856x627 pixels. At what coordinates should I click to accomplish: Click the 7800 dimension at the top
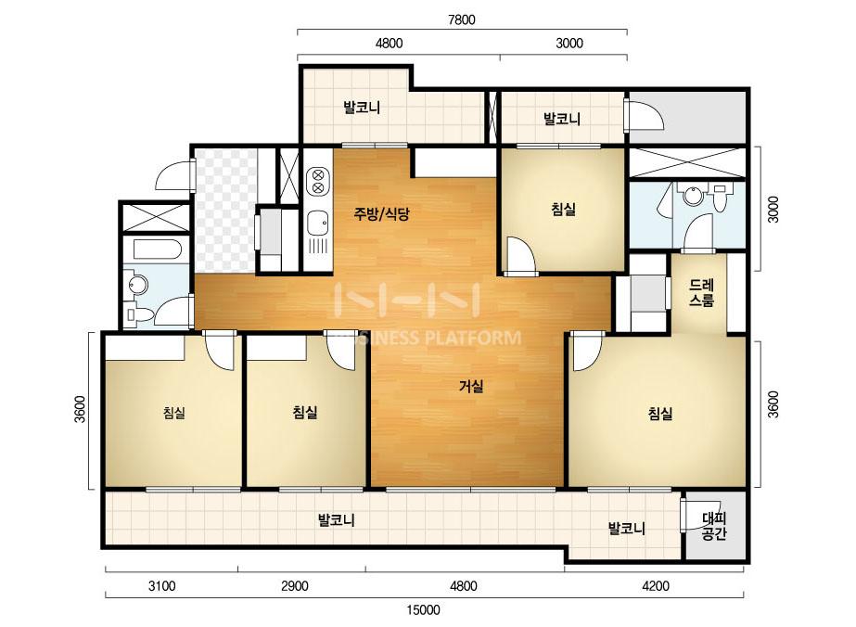[461, 19]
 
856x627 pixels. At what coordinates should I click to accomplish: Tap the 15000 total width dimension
[424, 609]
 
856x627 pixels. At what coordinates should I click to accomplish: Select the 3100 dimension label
[161, 586]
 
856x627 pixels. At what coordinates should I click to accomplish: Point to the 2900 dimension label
[294, 586]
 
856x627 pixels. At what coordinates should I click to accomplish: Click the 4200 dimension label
[655, 586]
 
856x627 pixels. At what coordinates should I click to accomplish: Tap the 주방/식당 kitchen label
[381, 213]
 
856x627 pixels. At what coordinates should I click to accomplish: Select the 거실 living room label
[470, 387]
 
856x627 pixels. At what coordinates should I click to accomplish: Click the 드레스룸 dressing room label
[701, 293]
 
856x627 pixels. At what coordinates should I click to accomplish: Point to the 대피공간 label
[713, 526]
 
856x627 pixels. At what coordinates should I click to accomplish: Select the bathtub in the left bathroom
[158, 250]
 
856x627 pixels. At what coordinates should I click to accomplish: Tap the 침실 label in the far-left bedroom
[174, 413]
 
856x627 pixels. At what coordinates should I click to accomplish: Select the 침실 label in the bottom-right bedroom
[660, 414]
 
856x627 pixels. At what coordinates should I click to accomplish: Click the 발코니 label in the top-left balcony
[362, 107]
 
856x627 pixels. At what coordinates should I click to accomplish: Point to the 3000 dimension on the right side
[773, 210]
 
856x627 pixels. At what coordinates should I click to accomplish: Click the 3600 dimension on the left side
[81, 408]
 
